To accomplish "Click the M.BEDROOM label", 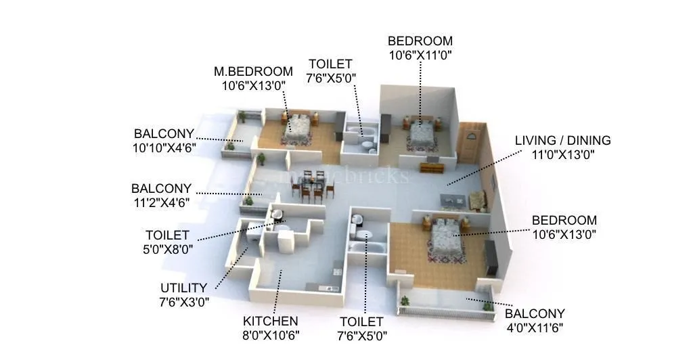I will pyautogui.click(x=254, y=71).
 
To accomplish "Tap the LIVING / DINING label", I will pyautogui.click(x=562, y=141).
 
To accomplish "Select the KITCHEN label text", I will pyautogui.click(x=271, y=321).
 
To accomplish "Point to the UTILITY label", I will pyautogui.click(x=184, y=288).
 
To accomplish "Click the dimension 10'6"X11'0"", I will pyautogui.click(x=420, y=55).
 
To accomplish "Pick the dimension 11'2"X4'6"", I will pyautogui.click(x=161, y=202).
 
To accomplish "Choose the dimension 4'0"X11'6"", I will pyautogui.click(x=535, y=328).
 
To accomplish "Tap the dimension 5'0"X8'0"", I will pyautogui.click(x=167, y=248).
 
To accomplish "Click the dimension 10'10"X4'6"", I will pyautogui.click(x=164, y=147).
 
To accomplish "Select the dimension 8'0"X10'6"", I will pyautogui.click(x=271, y=334).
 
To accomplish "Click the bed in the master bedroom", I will pyautogui.click(x=296, y=129).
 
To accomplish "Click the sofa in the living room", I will pyautogui.click(x=478, y=200).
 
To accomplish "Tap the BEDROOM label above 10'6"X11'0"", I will pyautogui.click(x=420, y=41).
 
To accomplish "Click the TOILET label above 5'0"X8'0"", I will pyautogui.click(x=167, y=235).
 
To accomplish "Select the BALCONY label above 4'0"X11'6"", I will pyautogui.click(x=535, y=314).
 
